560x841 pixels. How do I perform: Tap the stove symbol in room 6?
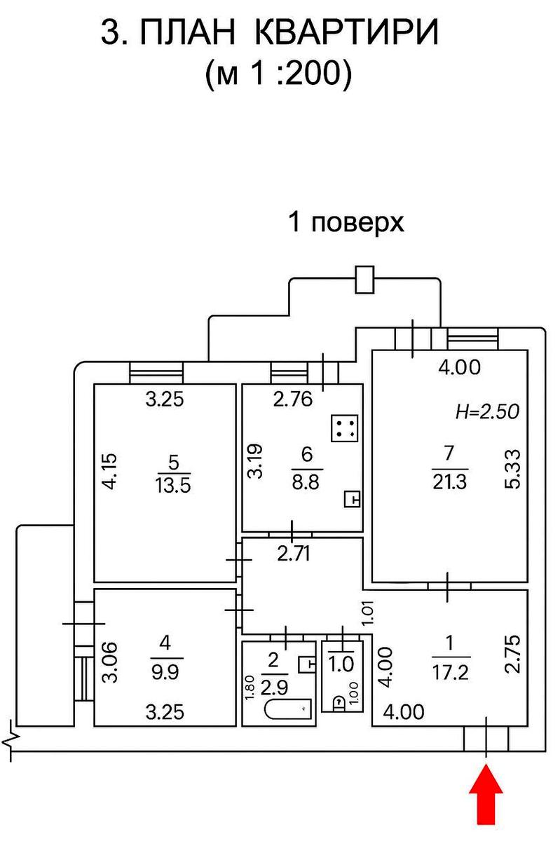point(344,428)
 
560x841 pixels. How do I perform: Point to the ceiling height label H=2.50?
point(487,412)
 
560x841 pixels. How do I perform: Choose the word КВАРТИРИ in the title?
point(345,33)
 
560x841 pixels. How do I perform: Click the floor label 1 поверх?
point(347,223)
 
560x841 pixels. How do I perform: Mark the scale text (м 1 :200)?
point(278,73)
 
